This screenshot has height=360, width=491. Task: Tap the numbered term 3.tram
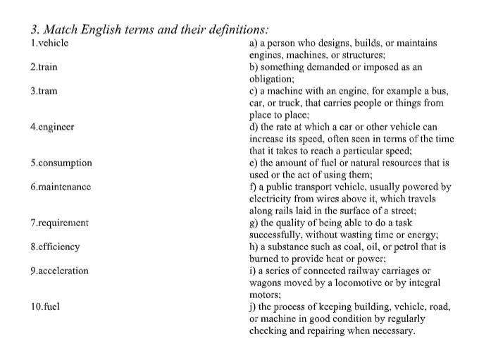coord(44,91)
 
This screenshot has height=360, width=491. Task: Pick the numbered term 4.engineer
coord(52,127)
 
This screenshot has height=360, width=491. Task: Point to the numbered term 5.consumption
coord(61,163)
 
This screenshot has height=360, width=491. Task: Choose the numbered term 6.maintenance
coord(61,187)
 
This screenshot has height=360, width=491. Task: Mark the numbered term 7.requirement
coord(60,223)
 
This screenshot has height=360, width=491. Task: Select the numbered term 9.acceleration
coord(60,271)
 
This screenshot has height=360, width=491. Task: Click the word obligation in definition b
coord(271,79)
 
